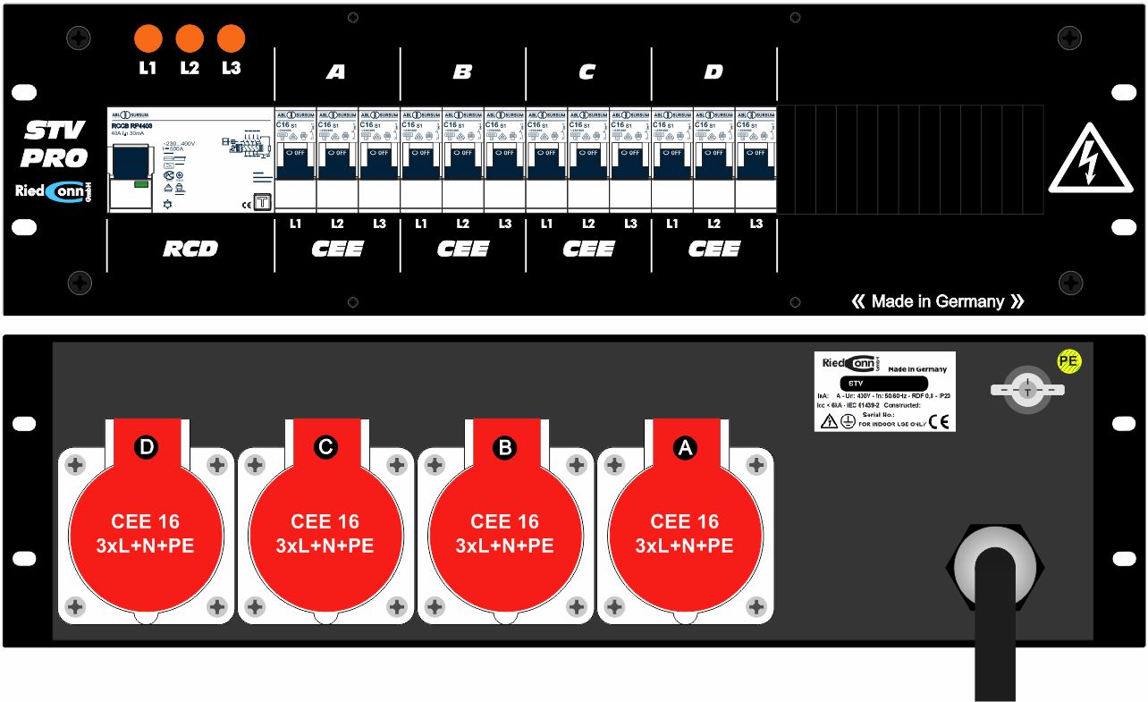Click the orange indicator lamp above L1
148,38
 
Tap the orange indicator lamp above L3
231,38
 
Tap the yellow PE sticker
1068,360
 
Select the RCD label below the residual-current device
190,249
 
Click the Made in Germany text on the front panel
937,301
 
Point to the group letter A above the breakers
335,72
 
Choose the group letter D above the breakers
713,72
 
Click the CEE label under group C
588,249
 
